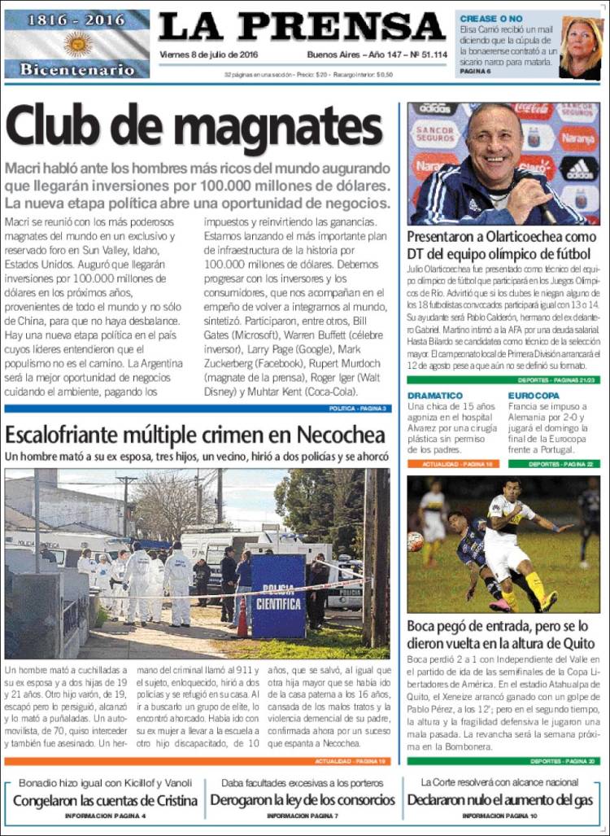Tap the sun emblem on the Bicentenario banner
point(78,43)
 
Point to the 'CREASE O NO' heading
point(491,18)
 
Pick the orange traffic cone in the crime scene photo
point(242,619)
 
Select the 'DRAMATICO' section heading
point(437,396)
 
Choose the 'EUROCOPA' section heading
point(534,396)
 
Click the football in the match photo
point(416,541)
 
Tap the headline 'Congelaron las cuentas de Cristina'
point(106,800)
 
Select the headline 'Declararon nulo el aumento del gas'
point(500,800)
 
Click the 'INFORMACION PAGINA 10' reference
point(499,815)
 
